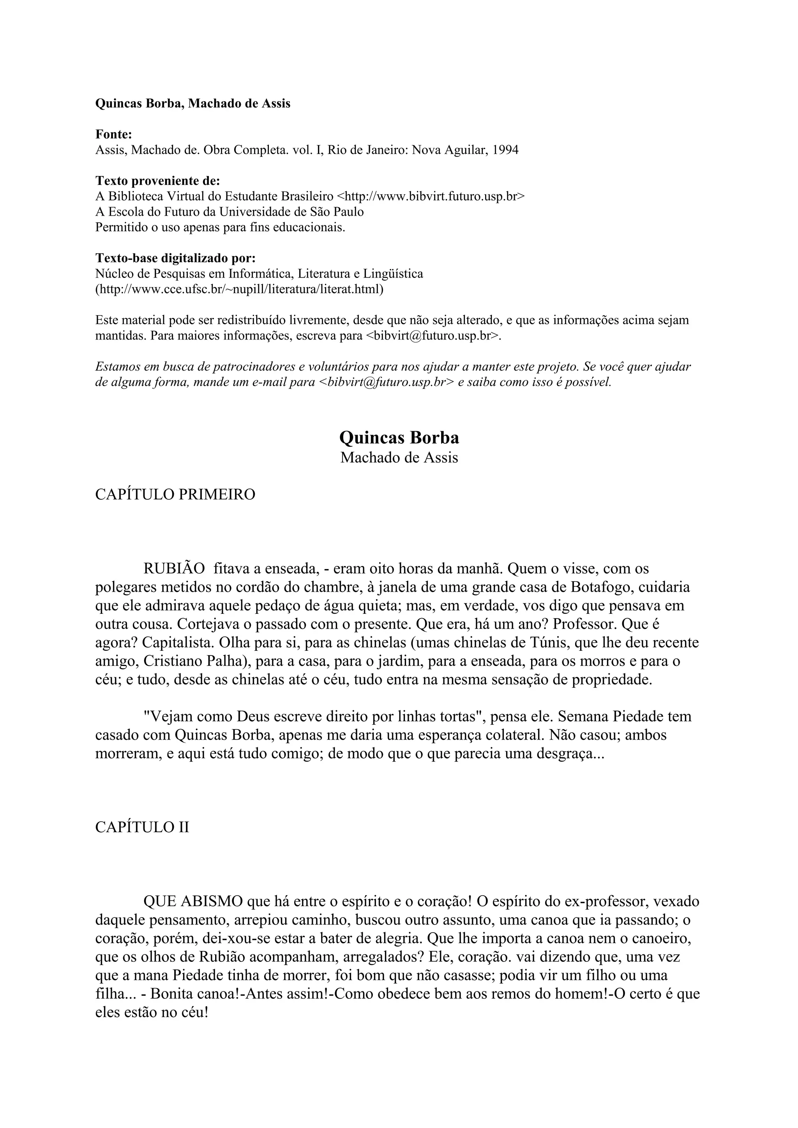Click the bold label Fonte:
(x=113, y=135)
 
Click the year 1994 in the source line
(x=505, y=150)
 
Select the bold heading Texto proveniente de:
(x=157, y=181)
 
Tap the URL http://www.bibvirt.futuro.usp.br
(x=430, y=197)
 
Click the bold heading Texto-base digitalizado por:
(x=175, y=258)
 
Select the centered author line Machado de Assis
(x=399, y=458)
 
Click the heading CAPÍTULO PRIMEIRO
(x=175, y=495)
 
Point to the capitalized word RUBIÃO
(x=174, y=569)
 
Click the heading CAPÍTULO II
(x=142, y=828)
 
